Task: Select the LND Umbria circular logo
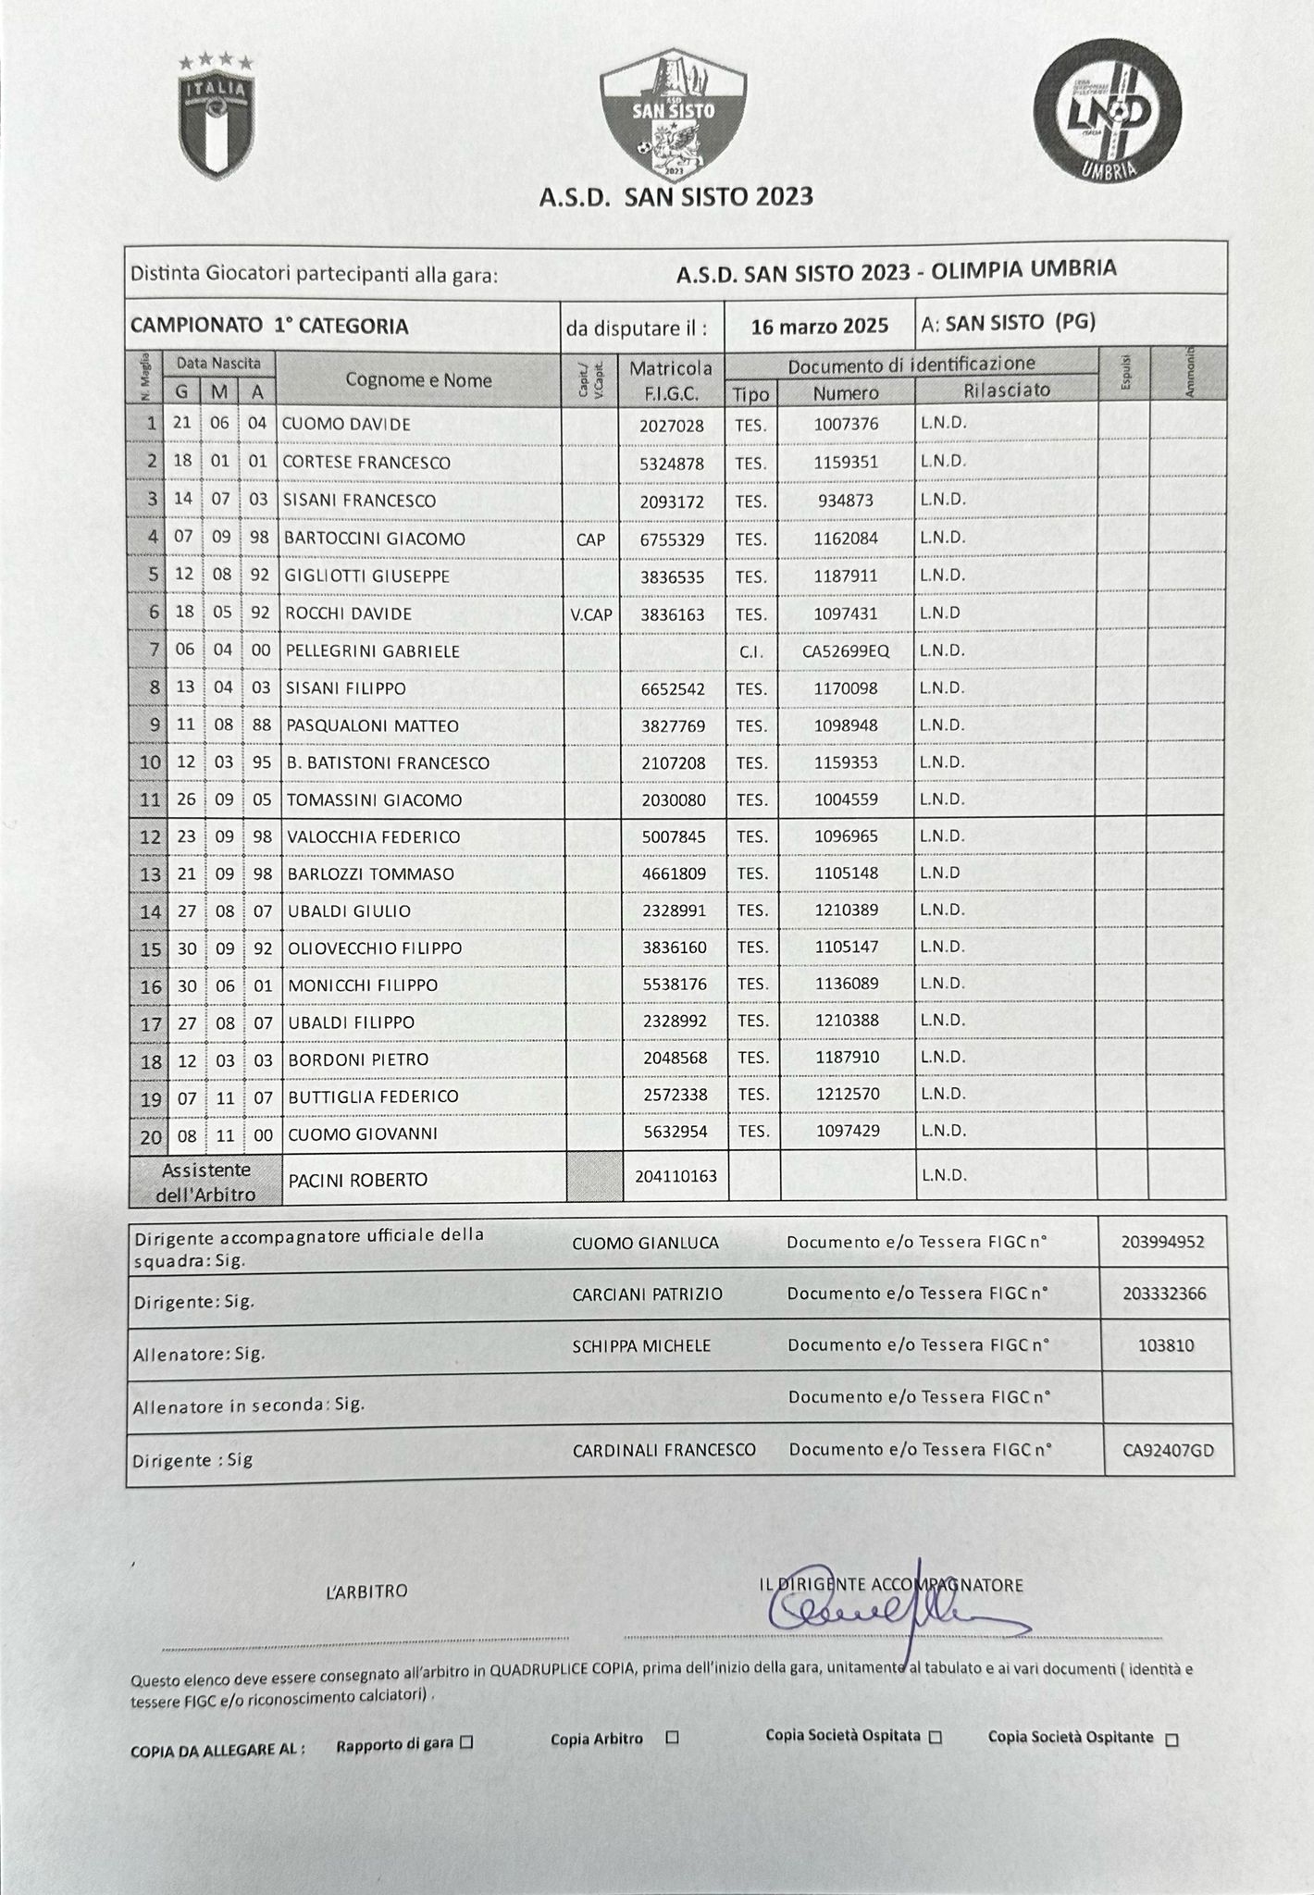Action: [x=1107, y=112]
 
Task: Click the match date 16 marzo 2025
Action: [x=819, y=326]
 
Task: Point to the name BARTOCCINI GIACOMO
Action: [x=374, y=539]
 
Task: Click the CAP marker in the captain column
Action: [x=590, y=539]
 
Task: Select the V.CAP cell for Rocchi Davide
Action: [x=590, y=613]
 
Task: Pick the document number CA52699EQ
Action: [x=846, y=651]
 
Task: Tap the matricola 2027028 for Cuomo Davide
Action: [x=672, y=426]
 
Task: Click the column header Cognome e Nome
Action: [x=418, y=379]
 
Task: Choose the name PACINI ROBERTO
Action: [x=358, y=1180]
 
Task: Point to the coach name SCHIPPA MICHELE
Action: [x=641, y=1345]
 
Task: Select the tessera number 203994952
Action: [x=1163, y=1242]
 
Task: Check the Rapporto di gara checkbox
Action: [x=466, y=1743]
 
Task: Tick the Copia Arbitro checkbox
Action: [x=673, y=1738]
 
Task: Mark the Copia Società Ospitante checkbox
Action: [x=1171, y=1740]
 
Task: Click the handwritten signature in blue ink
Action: [x=888, y=1614]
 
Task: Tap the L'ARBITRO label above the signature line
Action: [x=366, y=1592]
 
